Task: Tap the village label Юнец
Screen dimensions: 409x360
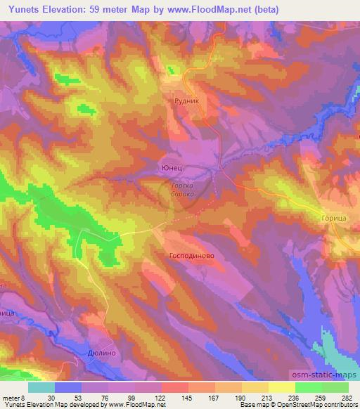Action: [x=172, y=169]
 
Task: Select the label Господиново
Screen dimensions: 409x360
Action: [x=192, y=257]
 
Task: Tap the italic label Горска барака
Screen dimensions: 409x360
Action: [x=182, y=190]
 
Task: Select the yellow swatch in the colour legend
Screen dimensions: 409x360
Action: [x=281, y=387]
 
